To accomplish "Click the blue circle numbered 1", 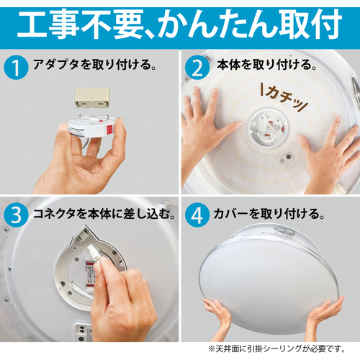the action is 16,68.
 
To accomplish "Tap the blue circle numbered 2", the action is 197,68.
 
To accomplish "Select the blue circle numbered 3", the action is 16,215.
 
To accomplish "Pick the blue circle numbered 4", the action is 197,215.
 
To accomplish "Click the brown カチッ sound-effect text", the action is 284,97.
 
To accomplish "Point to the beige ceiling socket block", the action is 92,97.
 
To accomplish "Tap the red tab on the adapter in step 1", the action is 110,130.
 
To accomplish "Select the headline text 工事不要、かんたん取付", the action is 180,24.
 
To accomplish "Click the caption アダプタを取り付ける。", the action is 95,64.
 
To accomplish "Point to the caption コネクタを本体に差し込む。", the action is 104,214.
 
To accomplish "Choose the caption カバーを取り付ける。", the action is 269,214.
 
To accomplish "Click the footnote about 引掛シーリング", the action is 277,348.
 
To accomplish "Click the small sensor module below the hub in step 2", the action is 286,158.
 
